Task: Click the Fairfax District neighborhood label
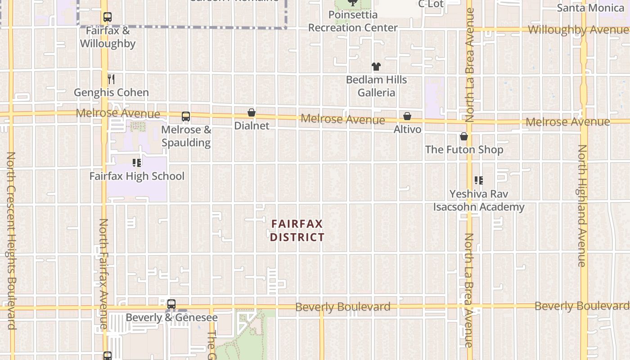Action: pos(297,230)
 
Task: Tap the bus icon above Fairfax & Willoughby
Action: pos(107,18)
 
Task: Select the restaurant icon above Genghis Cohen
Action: pos(111,79)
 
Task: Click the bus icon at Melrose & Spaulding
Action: pos(186,117)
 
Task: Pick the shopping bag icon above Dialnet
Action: pos(252,112)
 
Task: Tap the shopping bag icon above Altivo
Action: pos(407,116)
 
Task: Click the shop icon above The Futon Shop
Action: pos(464,136)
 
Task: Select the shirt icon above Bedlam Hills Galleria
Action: pos(376,67)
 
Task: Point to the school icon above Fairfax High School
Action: pos(137,163)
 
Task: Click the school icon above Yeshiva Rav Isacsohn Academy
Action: pos(479,180)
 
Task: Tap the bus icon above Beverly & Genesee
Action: pos(171,304)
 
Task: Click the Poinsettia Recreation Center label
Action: pos(353,21)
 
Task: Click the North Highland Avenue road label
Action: pos(582,206)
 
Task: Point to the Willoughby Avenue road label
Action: pos(578,30)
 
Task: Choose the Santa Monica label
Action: pos(590,8)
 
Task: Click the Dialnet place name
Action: pos(252,126)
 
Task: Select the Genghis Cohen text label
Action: pos(111,93)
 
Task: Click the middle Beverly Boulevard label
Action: pos(343,307)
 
